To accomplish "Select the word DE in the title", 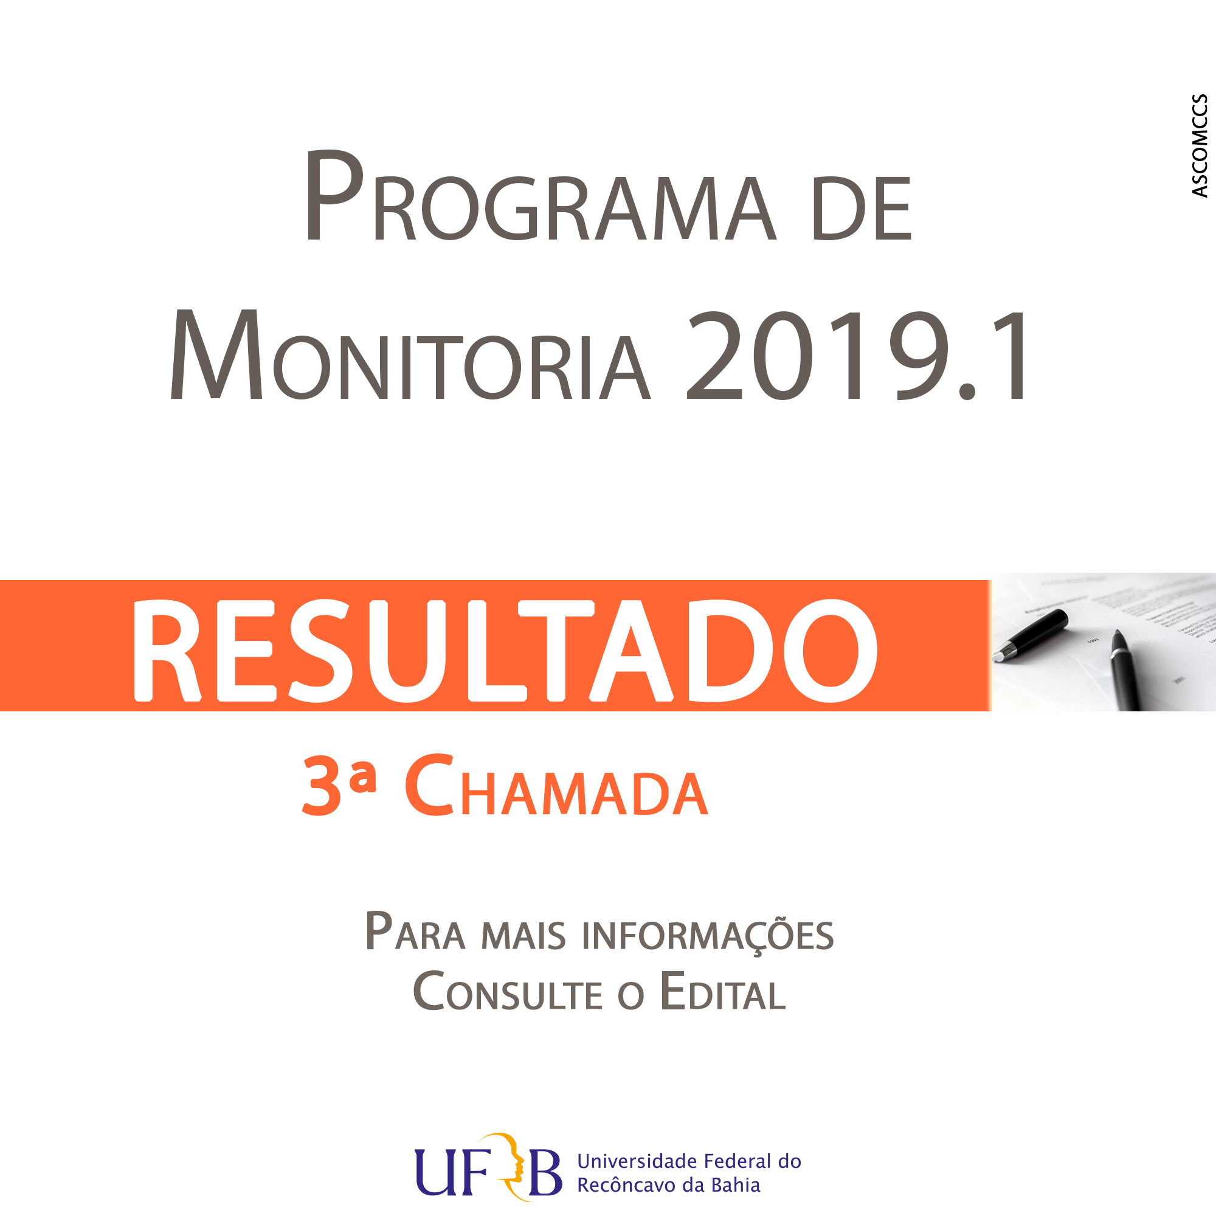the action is tap(862, 209).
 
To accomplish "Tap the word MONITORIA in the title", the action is tap(410, 354).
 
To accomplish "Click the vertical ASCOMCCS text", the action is tap(1200, 145).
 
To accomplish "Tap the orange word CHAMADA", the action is tap(556, 785).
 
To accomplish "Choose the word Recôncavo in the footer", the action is tap(626, 1185).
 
